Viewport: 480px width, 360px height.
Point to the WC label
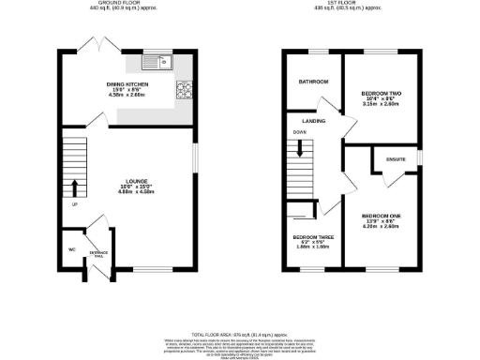pos(71,249)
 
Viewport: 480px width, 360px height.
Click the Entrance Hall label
pos(98,255)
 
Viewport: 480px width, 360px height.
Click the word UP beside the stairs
pos(73,204)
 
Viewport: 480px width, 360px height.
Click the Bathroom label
pos(313,82)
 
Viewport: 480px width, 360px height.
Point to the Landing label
pos(313,122)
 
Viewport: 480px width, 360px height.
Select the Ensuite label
pos(396,160)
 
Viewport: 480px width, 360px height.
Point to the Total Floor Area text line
pos(239,335)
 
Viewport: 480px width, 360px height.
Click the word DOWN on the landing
pos(299,132)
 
